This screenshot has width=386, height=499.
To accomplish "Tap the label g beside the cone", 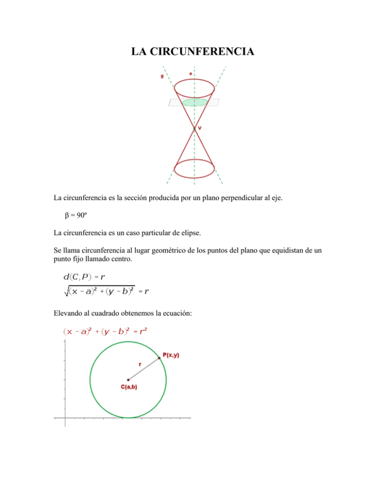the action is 162,76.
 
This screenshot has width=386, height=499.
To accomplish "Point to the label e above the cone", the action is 190,74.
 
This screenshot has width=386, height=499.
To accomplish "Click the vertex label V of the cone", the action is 200,128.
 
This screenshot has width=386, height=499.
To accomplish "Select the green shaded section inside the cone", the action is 195,102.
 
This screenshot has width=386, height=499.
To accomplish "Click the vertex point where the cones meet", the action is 194,129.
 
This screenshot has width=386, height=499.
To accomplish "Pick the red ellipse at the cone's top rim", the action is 194,86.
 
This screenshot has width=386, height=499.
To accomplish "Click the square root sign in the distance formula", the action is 59,291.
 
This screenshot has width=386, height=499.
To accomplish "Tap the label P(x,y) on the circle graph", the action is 171,355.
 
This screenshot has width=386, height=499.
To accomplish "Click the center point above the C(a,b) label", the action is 128,380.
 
